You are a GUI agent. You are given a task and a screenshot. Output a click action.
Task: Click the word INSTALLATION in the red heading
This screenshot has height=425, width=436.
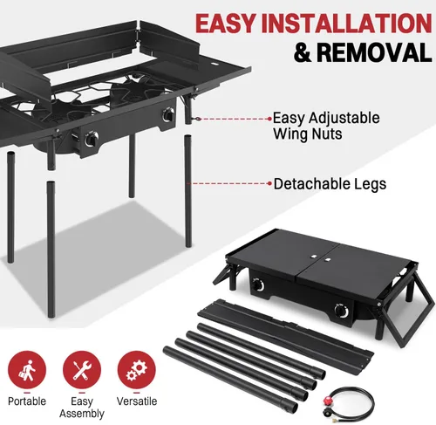(346, 24)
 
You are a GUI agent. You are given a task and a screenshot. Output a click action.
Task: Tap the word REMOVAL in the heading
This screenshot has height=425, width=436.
(374, 52)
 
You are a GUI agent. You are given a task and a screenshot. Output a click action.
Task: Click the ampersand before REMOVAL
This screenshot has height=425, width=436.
(303, 52)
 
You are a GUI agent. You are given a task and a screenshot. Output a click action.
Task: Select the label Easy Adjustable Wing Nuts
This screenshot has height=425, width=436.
(326, 127)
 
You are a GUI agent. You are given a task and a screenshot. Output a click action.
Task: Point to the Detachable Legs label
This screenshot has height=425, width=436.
(330, 184)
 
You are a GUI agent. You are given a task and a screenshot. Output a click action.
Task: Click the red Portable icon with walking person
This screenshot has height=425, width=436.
(27, 370)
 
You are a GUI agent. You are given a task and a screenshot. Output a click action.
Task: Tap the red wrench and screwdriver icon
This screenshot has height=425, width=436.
(82, 370)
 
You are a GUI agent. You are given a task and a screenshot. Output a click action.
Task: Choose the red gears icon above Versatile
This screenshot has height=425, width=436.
(137, 370)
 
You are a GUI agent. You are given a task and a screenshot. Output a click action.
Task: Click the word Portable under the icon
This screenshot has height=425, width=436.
(27, 401)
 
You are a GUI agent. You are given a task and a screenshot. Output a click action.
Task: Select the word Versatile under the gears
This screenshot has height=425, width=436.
(137, 401)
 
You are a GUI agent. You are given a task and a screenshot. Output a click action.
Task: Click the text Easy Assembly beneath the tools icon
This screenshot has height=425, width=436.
(82, 408)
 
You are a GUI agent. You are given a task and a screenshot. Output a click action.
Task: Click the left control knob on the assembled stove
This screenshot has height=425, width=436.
(92, 139)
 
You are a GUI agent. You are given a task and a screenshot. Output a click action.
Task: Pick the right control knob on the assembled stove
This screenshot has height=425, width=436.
(168, 114)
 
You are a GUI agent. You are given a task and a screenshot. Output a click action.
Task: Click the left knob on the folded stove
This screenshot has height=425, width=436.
(258, 284)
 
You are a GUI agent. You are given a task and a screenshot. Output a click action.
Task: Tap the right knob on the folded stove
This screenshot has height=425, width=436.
(341, 311)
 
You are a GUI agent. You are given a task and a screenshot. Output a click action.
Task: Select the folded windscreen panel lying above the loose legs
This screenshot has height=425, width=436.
(285, 332)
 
